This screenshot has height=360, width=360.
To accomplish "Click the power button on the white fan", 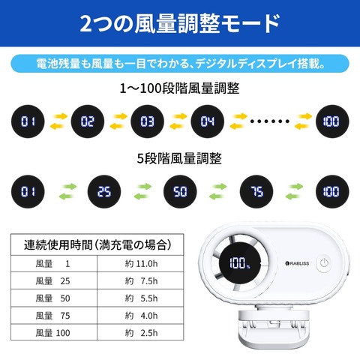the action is (324, 263).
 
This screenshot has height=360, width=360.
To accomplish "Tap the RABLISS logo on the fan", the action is (297, 263).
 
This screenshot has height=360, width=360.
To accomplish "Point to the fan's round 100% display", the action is (240, 263).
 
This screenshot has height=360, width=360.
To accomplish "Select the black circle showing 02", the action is (88, 121).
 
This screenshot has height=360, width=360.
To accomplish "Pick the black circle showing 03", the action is (148, 121).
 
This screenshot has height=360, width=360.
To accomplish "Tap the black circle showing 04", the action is (208, 121).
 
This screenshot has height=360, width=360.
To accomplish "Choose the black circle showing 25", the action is (104, 192).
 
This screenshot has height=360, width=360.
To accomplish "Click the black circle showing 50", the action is (180, 192).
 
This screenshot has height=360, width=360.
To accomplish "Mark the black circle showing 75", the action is (256, 192).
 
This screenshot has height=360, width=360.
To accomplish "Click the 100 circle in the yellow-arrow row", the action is (332, 121).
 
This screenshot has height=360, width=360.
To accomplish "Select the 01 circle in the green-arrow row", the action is (28, 192).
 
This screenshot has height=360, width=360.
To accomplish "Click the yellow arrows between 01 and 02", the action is (58, 121).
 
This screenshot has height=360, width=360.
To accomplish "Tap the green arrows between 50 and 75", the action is (218, 191).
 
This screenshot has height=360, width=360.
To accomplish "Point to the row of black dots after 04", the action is (270, 121).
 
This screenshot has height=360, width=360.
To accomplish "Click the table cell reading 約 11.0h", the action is (140, 263).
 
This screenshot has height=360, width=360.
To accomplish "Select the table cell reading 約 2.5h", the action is (140, 332).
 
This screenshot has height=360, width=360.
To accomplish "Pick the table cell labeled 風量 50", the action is (54, 298).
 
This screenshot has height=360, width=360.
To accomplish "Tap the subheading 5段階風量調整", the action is (179, 158).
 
